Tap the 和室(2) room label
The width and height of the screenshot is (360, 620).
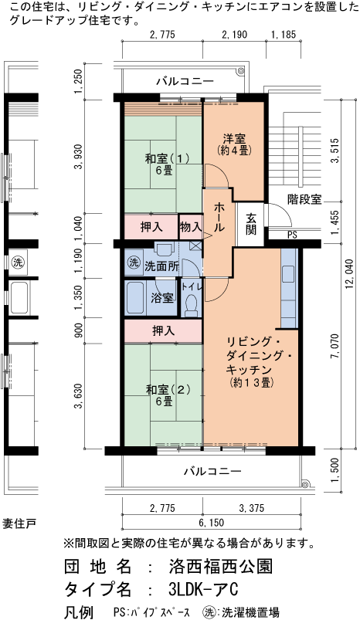163,395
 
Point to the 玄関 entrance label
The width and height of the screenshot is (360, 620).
252,224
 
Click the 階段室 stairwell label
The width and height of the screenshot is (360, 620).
304,198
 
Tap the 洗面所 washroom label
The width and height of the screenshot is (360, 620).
161,266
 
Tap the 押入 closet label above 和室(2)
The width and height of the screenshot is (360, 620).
162,330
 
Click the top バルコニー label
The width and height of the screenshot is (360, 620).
185,80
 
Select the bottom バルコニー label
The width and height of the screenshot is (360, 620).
212,470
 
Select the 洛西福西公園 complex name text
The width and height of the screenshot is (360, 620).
219,566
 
